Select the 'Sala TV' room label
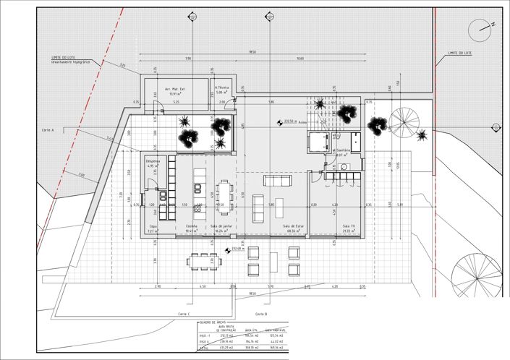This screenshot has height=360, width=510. coord(351,226)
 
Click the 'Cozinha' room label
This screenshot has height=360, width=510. coord(191,226)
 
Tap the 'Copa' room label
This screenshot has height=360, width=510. coord(153,226)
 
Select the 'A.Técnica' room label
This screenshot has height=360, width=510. coord(221,88)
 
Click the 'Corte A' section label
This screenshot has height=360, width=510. coord(48,129)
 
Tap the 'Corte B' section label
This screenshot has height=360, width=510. coord(261,314)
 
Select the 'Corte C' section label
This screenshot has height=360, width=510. coord(183,314)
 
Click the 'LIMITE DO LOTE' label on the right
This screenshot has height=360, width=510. coord(459,53)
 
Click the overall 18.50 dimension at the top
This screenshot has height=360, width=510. coord(252,52)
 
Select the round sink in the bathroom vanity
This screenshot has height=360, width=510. coord(344,166)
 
